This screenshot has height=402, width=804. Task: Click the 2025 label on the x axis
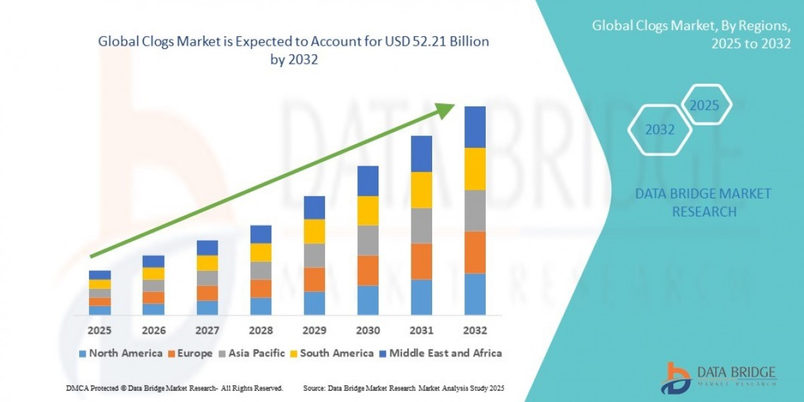click(100, 330)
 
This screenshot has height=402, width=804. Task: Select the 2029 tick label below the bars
click(314, 330)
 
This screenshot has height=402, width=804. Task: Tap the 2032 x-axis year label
click(475, 330)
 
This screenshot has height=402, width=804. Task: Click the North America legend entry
click(121, 353)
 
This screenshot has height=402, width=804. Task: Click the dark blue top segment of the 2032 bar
click(475, 127)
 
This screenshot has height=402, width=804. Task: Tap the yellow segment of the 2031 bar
click(421, 190)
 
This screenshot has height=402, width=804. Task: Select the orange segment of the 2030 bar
click(368, 270)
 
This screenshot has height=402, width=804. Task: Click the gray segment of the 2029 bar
click(314, 255)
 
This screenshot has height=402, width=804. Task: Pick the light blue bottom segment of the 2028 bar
click(261, 306)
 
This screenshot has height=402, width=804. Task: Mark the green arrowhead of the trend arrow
click(444, 111)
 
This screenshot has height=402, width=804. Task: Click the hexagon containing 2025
click(704, 106)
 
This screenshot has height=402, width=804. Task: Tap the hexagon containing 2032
click(659, 130)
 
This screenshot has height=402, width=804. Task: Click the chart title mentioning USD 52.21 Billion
click(293, 50)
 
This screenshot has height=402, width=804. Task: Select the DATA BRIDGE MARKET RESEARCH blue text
click(703, 202)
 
